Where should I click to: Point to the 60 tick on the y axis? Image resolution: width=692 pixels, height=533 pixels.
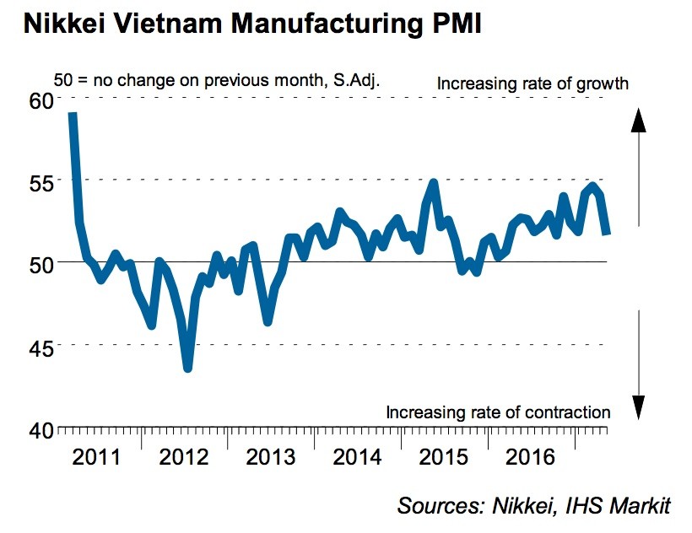(x=42, y=100)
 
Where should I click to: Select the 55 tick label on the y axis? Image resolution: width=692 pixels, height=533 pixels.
(x=42, y=181)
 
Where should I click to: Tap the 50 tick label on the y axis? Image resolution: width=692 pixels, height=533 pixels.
(x=42, y=263)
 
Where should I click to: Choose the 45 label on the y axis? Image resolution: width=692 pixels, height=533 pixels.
(x=42, y=346)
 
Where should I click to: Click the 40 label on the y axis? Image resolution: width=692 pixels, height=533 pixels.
(x=42, y=428)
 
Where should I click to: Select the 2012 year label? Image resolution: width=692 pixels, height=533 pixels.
(x=184, y=457)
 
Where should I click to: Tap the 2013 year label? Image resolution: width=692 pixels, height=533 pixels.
(x=270, y=457)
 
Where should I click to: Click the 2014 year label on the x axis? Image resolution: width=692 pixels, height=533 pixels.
(x=358, y=457)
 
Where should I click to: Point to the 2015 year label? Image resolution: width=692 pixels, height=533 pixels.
(x=444, y=457)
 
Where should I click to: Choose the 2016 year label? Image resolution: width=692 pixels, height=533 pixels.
(x=530, y=457)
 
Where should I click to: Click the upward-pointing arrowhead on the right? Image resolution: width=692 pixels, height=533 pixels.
(x=639, y=121)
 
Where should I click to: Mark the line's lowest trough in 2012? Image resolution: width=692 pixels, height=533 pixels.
(x=187, y=368)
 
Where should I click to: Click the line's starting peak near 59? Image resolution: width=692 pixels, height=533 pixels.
(x=73, y=115)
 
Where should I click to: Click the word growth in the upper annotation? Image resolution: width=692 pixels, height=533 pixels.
(x=603, y=83)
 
